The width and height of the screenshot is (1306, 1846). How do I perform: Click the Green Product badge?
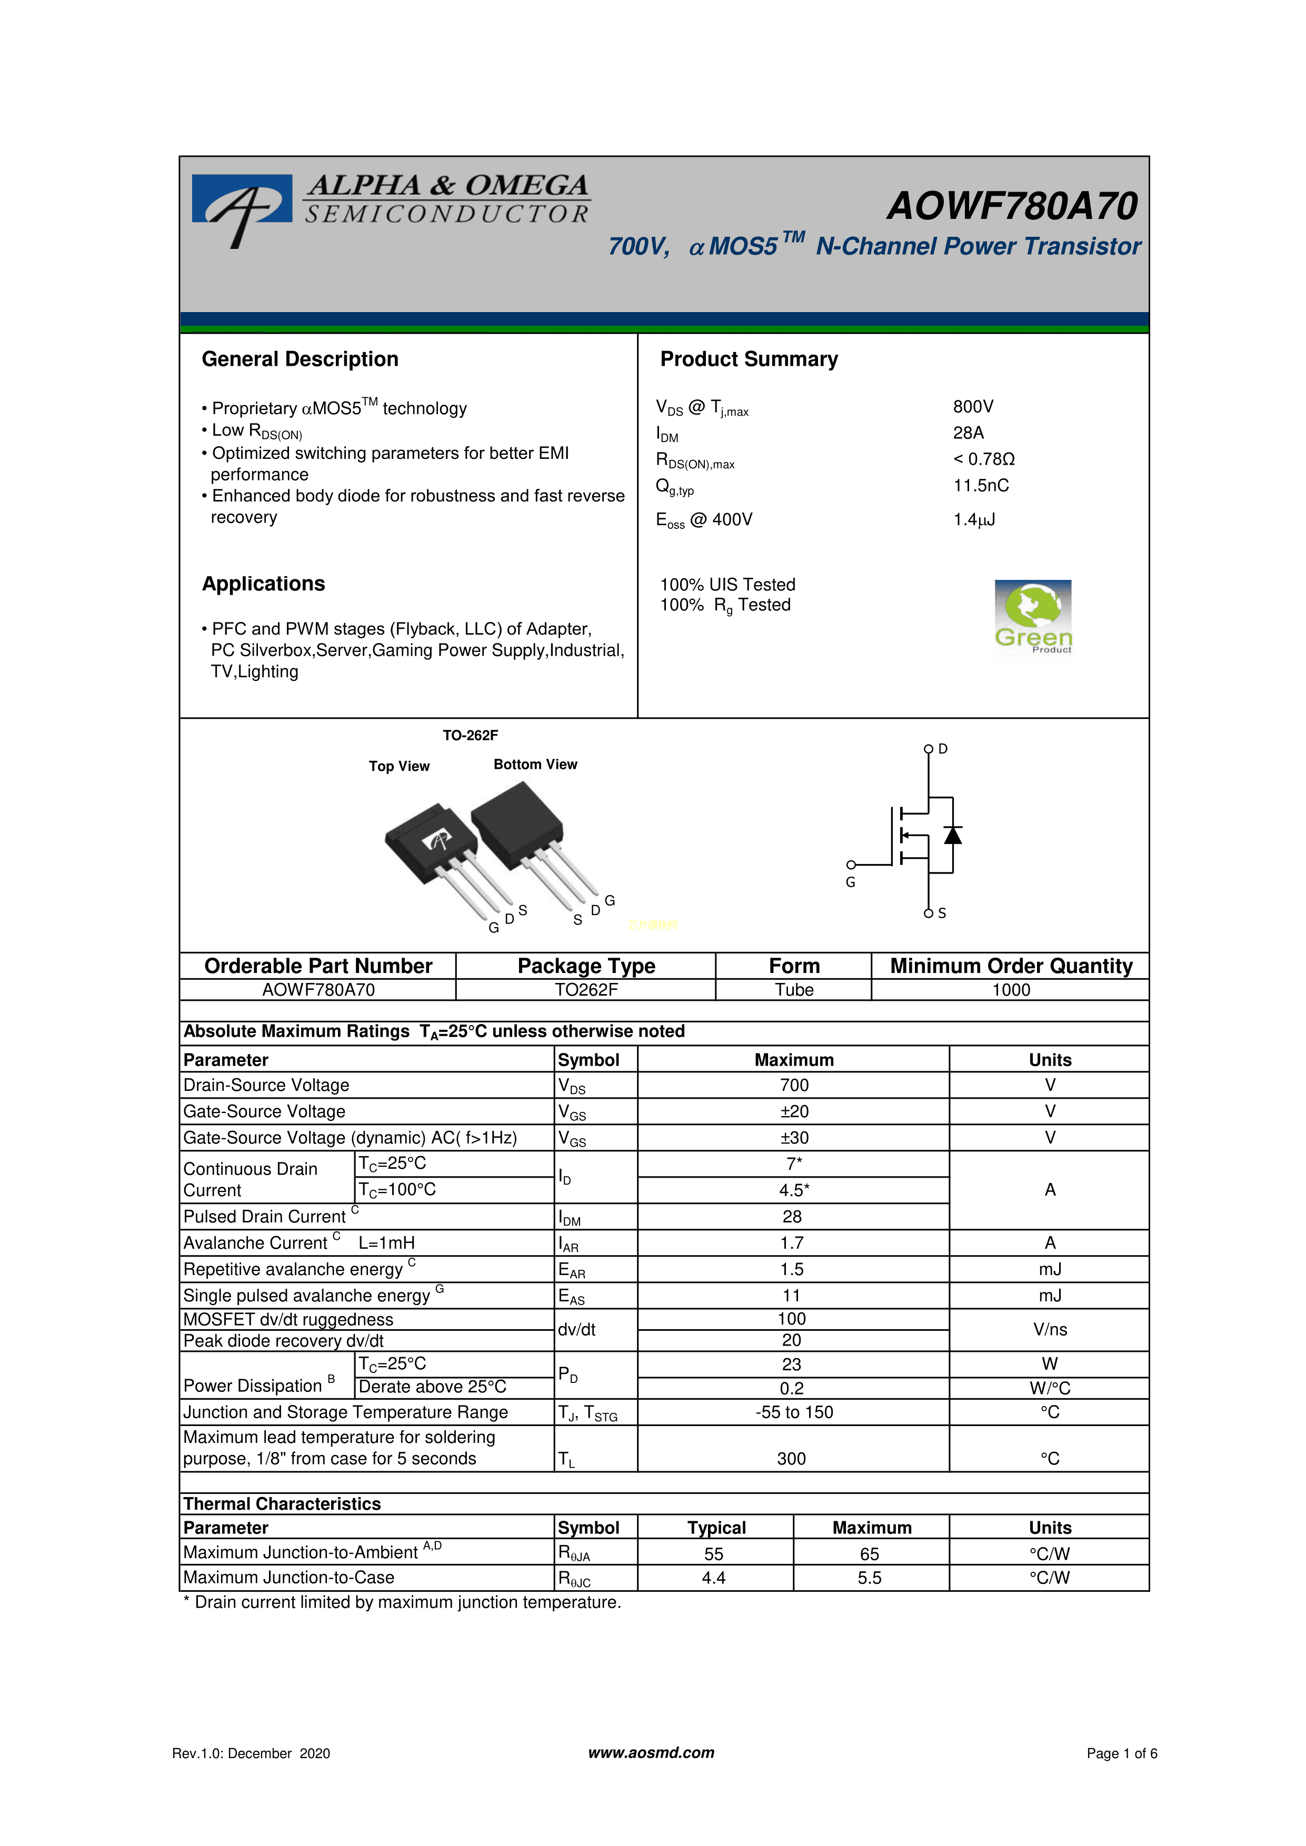[1033, 617]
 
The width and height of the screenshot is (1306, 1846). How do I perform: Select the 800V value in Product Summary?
[973, 407]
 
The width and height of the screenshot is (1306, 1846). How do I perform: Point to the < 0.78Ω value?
[983, 459]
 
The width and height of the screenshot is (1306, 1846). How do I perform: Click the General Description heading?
[300, 359]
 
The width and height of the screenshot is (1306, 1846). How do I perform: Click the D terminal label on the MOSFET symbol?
[943, 748]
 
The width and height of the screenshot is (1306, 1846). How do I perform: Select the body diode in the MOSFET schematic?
[953, 835]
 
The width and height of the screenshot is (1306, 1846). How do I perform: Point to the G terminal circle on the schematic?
[851, 865]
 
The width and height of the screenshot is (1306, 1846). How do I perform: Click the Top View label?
[399, 766]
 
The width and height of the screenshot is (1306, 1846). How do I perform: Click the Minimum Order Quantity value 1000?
[1011, 990]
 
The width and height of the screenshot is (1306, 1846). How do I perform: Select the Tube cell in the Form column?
[794, 990]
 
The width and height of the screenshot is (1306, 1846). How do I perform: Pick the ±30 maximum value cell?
[794, 1138]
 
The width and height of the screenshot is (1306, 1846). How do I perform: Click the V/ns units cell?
[1050, 1330]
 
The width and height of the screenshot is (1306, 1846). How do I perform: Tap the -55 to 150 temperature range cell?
[794, 1412]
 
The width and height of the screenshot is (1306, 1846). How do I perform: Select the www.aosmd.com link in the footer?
[651, 1753]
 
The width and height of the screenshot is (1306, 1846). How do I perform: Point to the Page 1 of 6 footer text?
[1121, 1753]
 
